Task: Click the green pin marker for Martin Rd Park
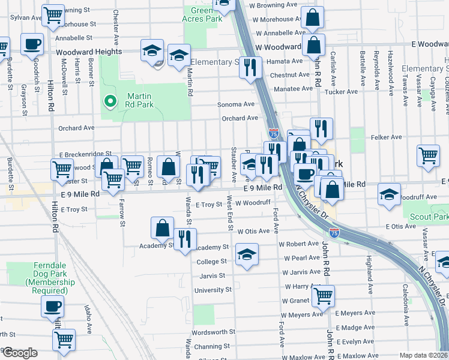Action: pos(109,101)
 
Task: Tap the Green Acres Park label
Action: pos(202,14)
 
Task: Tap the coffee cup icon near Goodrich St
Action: pos(32,44)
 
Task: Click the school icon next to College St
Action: pos(247,254)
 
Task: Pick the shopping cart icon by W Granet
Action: pos(323,295)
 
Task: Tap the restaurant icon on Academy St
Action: pos(185,239)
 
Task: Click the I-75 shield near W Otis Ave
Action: pos(334,232)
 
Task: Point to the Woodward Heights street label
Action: pos(89,52)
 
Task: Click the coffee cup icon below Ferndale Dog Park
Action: pos(52,306)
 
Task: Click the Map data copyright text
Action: pos(423,355)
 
